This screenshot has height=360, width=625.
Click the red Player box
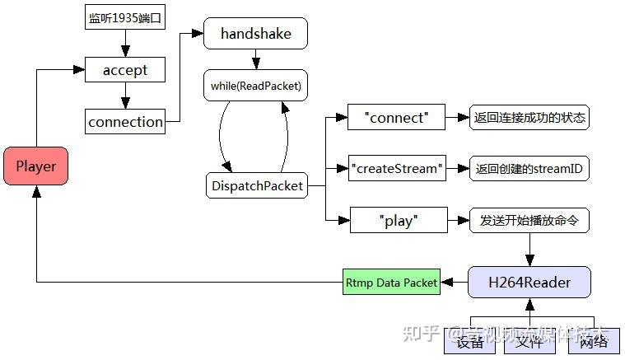(x=36, y=166)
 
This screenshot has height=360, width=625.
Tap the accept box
(x=125, y=70)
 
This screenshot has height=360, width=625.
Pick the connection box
(x=125, y=122)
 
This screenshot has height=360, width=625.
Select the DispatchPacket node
(x=255, y=186)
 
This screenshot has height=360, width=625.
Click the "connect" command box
(x=396, y=118)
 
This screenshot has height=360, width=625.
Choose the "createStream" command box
(x=396, y=169)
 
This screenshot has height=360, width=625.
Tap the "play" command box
(x=398, y=221)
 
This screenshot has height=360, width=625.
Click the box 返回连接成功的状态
(x=529, y=118)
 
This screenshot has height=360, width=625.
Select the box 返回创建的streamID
(x=529, y=169)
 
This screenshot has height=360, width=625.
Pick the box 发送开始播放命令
(x=529, y=221)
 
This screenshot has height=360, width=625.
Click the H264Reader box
(x=529, y=283)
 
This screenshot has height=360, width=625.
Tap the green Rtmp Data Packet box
(x=391, y=283)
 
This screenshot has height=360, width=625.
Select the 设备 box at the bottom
(x=470, y=342)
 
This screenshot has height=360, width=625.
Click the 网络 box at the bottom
(x=593, y=342)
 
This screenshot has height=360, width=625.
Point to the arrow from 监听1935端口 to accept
(x=125, y=41)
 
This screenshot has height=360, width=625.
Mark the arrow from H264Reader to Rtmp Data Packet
(x=454, y=283)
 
